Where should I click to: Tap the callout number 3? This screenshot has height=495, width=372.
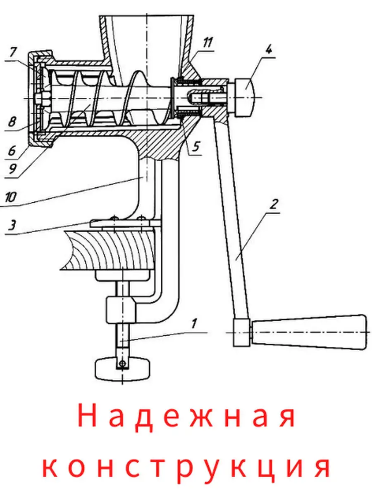click(x=13, y=225)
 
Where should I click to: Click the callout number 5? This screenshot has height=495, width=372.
click(x=195, y=146)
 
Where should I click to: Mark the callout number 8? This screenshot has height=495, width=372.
click(x=12, y=122)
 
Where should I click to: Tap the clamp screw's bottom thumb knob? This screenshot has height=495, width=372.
click(x=123, y=368)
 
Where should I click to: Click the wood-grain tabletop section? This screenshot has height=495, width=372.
click(x=110, y=250)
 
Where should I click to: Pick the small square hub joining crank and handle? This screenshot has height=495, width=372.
click(x=242, y=332)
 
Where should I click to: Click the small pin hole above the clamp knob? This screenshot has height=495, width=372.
click(x=122, y=363)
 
